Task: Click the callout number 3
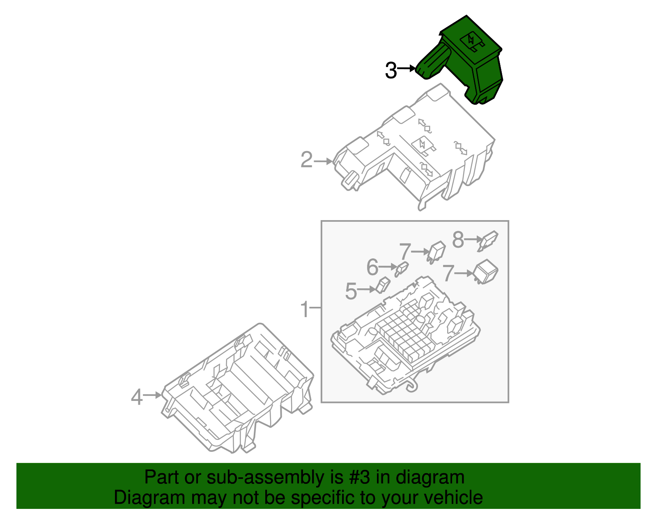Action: tap(391, 70)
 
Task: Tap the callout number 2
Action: tap(306, 160)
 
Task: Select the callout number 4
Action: tap(137, 397)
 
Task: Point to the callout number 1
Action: tap(304, 309)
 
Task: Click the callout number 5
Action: tap(351, 291)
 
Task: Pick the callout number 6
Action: tap(372, 268)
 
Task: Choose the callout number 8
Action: tap(458, 240)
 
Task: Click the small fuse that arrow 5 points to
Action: tap(383, 285)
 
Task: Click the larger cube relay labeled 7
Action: tap(486, 272)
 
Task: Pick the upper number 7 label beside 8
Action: tap(405, 251)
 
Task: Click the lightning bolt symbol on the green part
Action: tap(471, 40)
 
